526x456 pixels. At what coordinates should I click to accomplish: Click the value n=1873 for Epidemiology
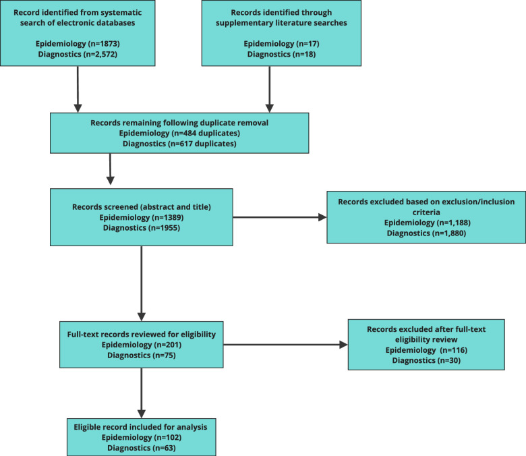(x=104, y=44)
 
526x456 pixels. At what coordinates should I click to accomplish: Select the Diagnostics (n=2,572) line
(x=78, y=54)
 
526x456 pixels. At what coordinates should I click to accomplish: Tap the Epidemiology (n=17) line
(x=281, y=44)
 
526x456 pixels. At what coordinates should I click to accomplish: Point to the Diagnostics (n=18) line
(x=281, y=54)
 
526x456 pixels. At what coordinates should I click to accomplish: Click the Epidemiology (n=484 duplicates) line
(x=179, y=133)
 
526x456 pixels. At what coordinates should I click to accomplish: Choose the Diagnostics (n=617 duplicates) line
(x=179, y=144)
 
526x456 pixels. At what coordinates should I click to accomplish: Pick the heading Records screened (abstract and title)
(x=142, y=206)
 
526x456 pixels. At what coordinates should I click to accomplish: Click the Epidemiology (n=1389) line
(x=142, y=217)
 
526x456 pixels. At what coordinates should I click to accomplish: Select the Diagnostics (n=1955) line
(x=142, y=228)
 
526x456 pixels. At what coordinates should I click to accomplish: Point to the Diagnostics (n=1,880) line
(x=426, y=233)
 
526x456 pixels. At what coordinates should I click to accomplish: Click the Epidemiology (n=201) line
(x=142, y=345)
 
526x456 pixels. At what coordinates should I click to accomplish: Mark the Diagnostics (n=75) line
(x=142, y=355)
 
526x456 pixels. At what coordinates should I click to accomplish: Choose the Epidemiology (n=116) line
(x=426, y=350)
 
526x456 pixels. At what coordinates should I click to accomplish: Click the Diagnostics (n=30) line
(x=426, y=360)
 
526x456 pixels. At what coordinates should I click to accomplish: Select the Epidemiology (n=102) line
(x=142, y=437)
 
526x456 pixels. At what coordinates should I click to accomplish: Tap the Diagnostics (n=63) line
(x=142, y=448)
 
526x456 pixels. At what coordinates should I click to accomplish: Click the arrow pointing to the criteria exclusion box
(x=280, y=217)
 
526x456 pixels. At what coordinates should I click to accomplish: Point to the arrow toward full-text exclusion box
(x=285, y=345)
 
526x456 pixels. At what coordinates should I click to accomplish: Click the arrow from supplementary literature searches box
(x=269, y=89)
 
